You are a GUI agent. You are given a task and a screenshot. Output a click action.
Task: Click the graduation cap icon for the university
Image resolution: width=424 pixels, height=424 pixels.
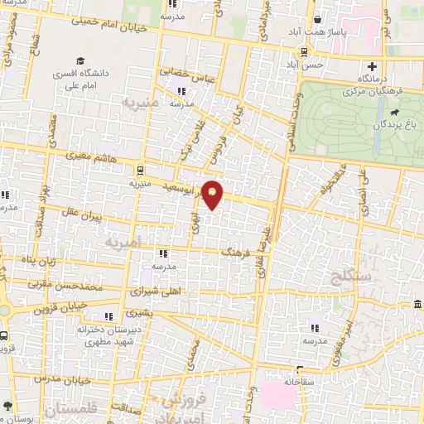point(80,60)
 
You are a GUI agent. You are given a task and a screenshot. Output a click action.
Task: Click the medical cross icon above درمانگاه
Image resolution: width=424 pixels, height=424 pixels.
point(372,66)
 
